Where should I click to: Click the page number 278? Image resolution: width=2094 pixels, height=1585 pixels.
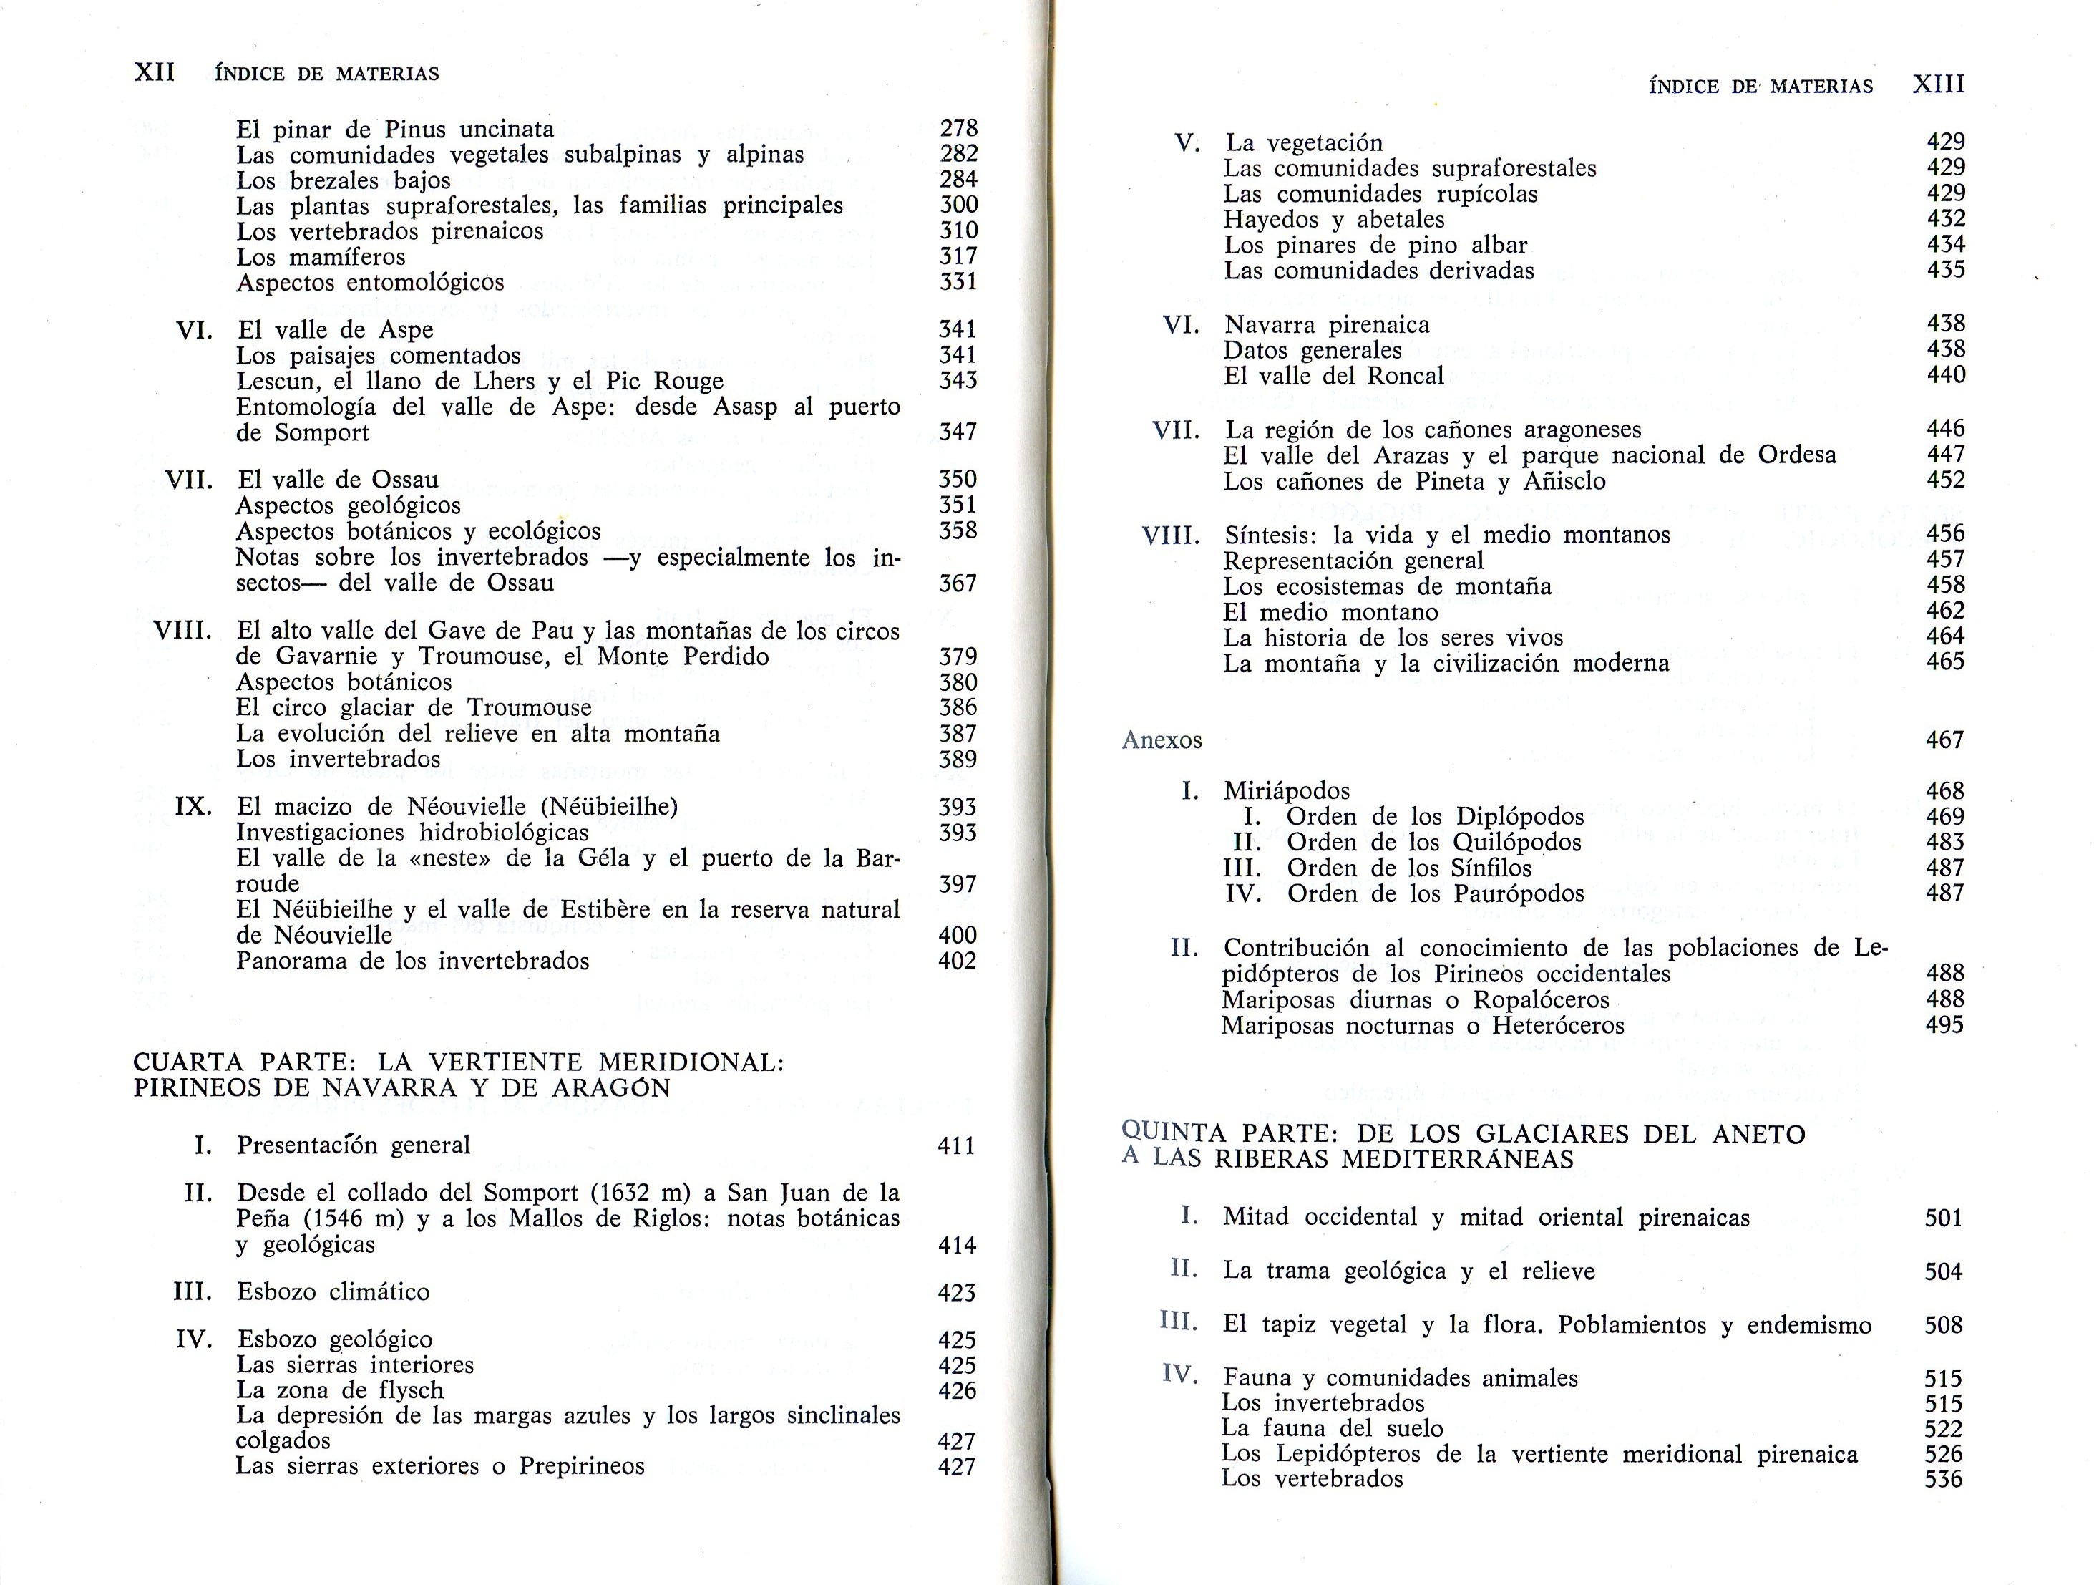958,128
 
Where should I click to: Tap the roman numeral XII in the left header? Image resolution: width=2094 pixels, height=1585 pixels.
155,73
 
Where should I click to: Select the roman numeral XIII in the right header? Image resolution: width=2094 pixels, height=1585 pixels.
1939,84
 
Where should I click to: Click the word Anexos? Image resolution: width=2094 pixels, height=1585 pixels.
1162,740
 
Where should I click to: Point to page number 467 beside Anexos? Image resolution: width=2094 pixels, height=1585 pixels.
1944,740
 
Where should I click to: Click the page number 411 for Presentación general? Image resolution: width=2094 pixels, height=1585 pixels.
956,1145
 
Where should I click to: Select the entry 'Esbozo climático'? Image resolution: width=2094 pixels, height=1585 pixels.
333,1291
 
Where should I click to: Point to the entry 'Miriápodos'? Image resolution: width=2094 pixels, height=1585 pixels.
1287,790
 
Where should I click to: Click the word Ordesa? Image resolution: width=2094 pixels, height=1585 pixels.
1797,455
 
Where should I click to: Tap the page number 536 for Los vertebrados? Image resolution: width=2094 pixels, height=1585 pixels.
1944,1479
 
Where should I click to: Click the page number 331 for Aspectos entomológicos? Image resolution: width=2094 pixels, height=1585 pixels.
958,282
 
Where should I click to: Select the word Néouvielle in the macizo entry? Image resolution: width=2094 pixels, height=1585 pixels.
467,807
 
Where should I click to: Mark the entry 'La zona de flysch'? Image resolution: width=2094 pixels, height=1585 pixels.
340,1390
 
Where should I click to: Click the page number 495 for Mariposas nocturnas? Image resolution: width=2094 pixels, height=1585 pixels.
1944,1024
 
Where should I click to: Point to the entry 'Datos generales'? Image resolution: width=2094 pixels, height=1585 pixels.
1312,350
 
